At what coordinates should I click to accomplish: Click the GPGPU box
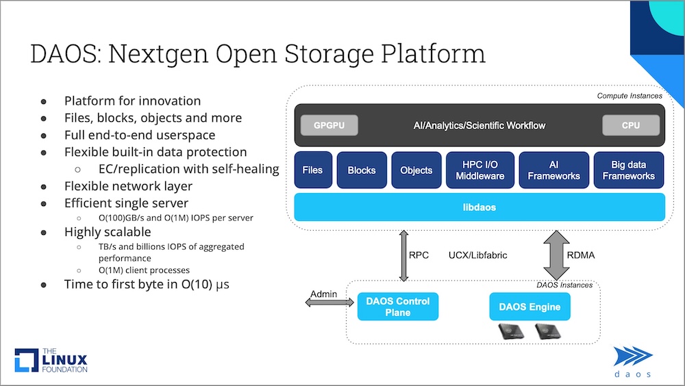click(329, 125)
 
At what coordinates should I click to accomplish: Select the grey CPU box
click(631, 125)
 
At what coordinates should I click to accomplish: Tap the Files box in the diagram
click(313, 170)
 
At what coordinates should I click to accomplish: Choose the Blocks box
click(362, 170)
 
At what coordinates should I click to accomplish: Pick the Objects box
click(416, 170)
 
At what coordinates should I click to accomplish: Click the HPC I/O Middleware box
click(480, 170)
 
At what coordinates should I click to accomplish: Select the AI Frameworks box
click(554, 170)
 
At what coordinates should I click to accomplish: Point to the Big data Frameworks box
click(629, 170)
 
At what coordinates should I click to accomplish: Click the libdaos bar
click(480, 207)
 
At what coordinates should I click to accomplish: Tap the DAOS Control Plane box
click(397, 307)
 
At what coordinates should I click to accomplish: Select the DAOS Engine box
click(530, 307)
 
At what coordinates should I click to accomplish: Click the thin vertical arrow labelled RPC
click(403, 256)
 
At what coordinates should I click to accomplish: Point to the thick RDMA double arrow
click(556, 255)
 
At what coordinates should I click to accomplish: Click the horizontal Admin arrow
click(329, 303)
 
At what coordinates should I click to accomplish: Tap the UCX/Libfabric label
click(478, 255)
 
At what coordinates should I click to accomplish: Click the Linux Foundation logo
click(51, 360)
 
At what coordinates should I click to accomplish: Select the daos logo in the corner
click(633, 361)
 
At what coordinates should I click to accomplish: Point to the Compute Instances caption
click(630, 96)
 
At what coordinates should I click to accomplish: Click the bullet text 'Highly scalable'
click(108, 232)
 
